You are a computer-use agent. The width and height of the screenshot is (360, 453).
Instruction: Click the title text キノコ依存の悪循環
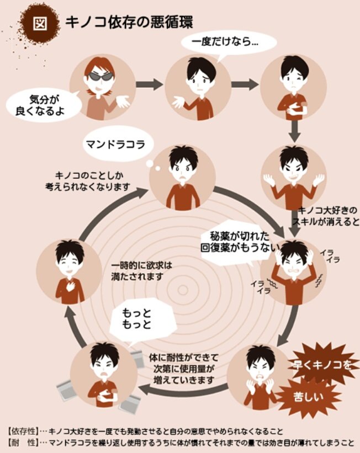[x=129, y=22]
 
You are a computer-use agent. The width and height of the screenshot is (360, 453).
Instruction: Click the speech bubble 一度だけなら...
[x=226, y=42]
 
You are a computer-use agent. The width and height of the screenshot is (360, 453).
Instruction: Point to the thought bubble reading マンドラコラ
[x=115, y=145]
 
